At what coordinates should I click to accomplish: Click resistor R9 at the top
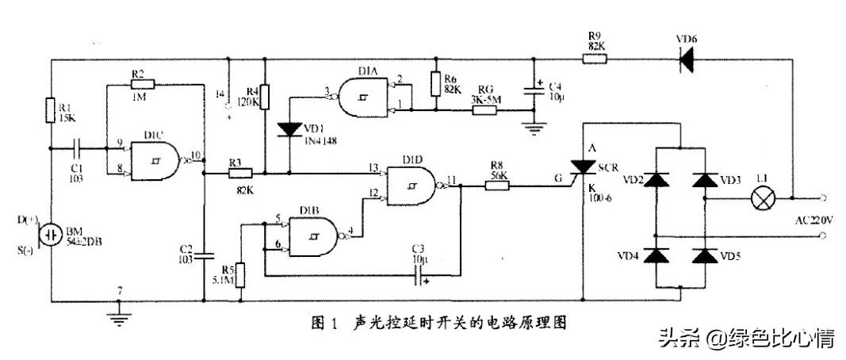pos(595,59)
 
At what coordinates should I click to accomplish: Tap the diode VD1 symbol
pos(290,128)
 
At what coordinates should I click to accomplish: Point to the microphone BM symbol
pos(52,235)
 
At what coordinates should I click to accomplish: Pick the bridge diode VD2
pos(656,178)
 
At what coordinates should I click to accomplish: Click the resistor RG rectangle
pos(484,110)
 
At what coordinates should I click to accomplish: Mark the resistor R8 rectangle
pos(497,187)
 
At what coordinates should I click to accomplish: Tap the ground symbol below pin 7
pos(118,318)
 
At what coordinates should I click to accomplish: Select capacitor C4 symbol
pos(534,93)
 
